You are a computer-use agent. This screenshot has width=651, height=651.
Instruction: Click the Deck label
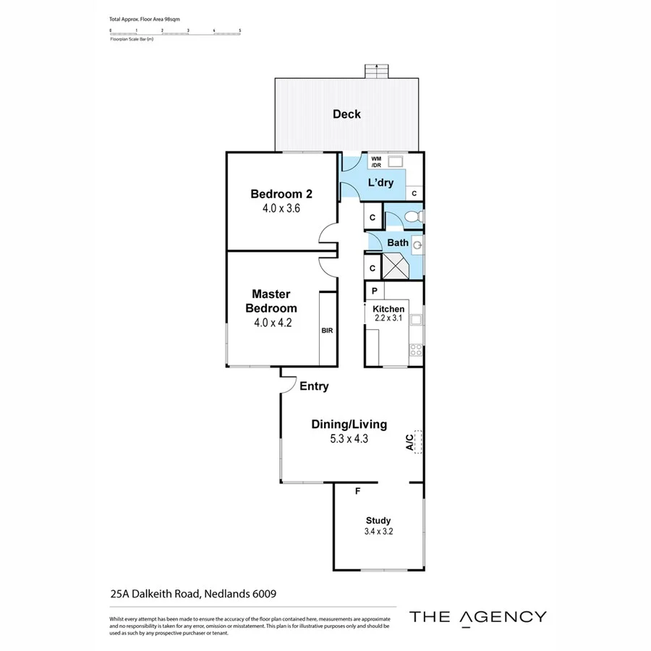[346, 114]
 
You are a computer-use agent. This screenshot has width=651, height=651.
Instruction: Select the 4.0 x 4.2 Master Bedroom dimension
[272, 323]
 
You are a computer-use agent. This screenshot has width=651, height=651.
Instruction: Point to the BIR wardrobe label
[327, 331]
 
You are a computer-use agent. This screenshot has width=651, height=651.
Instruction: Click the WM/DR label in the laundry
[376, 161]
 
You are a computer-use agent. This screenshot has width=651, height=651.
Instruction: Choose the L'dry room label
[380, 182]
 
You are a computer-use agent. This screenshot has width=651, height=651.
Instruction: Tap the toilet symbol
[412, 217]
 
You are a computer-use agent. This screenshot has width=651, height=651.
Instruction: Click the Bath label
[397, 242]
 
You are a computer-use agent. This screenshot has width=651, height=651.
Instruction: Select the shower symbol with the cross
[396, 268]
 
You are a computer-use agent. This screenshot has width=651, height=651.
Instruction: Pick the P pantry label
[375, 291]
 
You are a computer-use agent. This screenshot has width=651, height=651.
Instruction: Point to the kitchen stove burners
[416, 350]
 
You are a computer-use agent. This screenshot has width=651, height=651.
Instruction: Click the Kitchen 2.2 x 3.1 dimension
[389, 318]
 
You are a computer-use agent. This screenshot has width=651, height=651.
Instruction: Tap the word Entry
[314, 386]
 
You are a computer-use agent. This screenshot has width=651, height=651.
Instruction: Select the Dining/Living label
[349, 425]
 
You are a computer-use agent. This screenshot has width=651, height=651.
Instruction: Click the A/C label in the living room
[409, 442]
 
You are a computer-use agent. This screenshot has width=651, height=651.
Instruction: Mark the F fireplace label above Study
[357, 492]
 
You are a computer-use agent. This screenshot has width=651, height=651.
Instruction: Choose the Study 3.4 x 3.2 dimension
[378, 532]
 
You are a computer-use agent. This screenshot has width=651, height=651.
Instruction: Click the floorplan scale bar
[175, 31]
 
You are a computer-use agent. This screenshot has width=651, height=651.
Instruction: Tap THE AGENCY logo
[478, 616]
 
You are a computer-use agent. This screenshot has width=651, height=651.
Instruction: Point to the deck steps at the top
[376, 72]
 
